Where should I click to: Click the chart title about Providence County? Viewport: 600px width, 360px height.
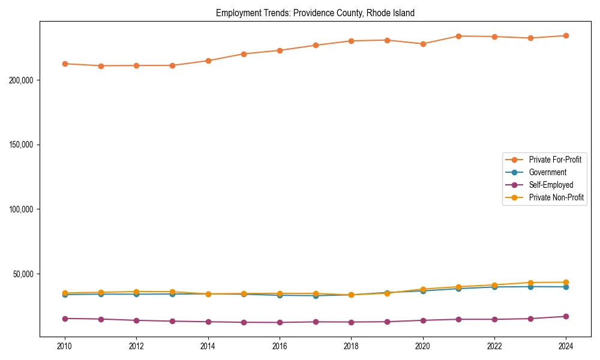pos(315,13)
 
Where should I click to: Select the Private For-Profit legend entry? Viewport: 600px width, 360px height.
pos(555,160)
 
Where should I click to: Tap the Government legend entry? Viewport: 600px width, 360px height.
pos(547,172)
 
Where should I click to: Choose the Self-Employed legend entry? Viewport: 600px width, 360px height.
pos(551,185)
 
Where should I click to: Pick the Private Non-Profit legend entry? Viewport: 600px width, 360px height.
pos(556,197)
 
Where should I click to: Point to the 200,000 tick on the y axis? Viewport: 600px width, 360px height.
pos(22,80)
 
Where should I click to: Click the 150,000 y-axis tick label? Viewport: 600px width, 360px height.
pos(22,145)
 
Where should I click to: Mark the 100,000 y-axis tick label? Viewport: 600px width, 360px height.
pos(22,209)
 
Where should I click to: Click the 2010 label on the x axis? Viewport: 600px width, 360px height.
pos(65,346)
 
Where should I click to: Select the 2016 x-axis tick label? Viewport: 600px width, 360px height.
pos(280,346)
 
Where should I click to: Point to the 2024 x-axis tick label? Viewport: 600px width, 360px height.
pos(566,346)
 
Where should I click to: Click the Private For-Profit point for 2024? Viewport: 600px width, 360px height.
pos(566,35)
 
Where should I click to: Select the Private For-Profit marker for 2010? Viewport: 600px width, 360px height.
pos(65,64)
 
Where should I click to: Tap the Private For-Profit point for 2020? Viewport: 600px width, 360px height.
pos(423,44)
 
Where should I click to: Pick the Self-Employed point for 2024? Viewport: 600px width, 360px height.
pos(566,316)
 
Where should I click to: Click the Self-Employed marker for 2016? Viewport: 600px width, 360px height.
pos(280,322)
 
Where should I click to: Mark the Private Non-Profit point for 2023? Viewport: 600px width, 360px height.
pos(530,283)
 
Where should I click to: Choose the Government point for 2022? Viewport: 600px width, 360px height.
pos(494,287)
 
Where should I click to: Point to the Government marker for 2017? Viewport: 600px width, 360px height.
pos(316,295)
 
